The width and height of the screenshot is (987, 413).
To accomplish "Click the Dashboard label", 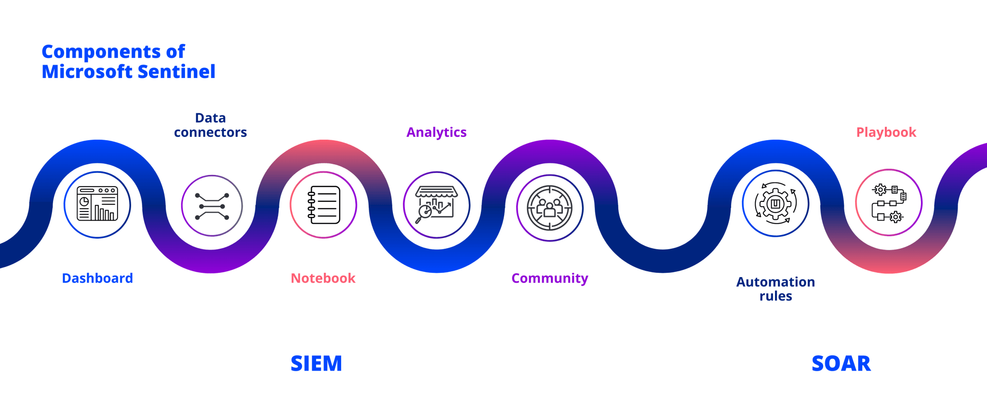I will (x=97, y=278).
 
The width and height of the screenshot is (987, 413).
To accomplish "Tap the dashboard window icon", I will (x=97, y=204).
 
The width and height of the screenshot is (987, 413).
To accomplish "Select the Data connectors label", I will (x=211, y=125).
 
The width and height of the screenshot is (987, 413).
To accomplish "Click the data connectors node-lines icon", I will (x=212, y=206).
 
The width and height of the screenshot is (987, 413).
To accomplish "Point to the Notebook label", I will (x=323, y=278).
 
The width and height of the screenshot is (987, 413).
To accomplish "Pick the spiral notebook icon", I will (x=323, y=205).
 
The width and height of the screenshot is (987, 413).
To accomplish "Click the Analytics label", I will (x=436, y=132).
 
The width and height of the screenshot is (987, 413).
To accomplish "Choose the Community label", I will (x=549, y=278).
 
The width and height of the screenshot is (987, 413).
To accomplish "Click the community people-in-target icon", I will (x=549, y=208).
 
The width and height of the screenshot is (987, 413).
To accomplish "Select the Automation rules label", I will (x=775, y=289).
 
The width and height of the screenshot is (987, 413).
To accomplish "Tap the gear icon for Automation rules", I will (x=775, y=203).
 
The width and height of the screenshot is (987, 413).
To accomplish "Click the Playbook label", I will (x=886, y=132).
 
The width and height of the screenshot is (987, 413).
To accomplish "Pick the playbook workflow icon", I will (x=889, y=203).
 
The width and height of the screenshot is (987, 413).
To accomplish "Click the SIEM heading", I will (x=316, y=363).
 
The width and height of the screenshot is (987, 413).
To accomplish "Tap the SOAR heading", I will (x=841, y=363).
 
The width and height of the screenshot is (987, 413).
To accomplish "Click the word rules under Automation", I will (x=775, y=296).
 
